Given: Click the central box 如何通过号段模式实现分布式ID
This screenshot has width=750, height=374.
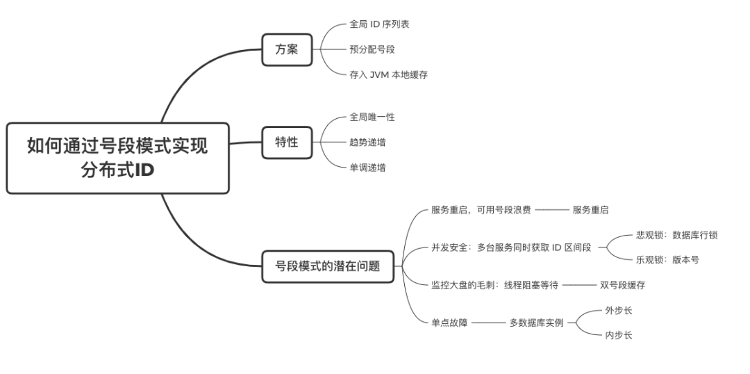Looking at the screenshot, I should (117, 158).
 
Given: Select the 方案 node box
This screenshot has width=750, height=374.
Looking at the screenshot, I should (287, 49).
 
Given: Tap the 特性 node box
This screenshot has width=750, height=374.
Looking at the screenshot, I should (287, 142).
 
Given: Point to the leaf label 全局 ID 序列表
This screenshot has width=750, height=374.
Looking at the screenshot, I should (379, 24).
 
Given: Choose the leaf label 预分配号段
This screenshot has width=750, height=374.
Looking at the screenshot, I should (372, 49).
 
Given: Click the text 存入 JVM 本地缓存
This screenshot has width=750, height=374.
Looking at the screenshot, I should (388, 74).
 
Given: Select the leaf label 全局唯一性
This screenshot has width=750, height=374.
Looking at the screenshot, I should (372, 117).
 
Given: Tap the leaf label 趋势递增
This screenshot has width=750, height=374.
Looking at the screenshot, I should (367, 142).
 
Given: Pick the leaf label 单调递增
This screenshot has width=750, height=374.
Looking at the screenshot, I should (367, 167).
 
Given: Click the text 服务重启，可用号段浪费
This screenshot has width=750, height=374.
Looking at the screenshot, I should (481, 210).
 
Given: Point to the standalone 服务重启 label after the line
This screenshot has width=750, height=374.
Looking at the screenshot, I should (590, 210).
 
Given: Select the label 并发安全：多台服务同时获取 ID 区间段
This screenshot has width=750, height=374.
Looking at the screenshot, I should (511, 247).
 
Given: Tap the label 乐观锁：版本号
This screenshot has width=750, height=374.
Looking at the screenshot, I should (667, 260).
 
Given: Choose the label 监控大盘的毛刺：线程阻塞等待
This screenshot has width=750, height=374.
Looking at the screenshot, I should (494, 284).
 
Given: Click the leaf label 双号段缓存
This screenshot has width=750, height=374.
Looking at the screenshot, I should (623, 284).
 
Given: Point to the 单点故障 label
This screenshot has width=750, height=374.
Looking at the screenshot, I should (449, 323).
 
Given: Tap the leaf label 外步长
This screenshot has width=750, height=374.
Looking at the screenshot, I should (618, 310).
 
